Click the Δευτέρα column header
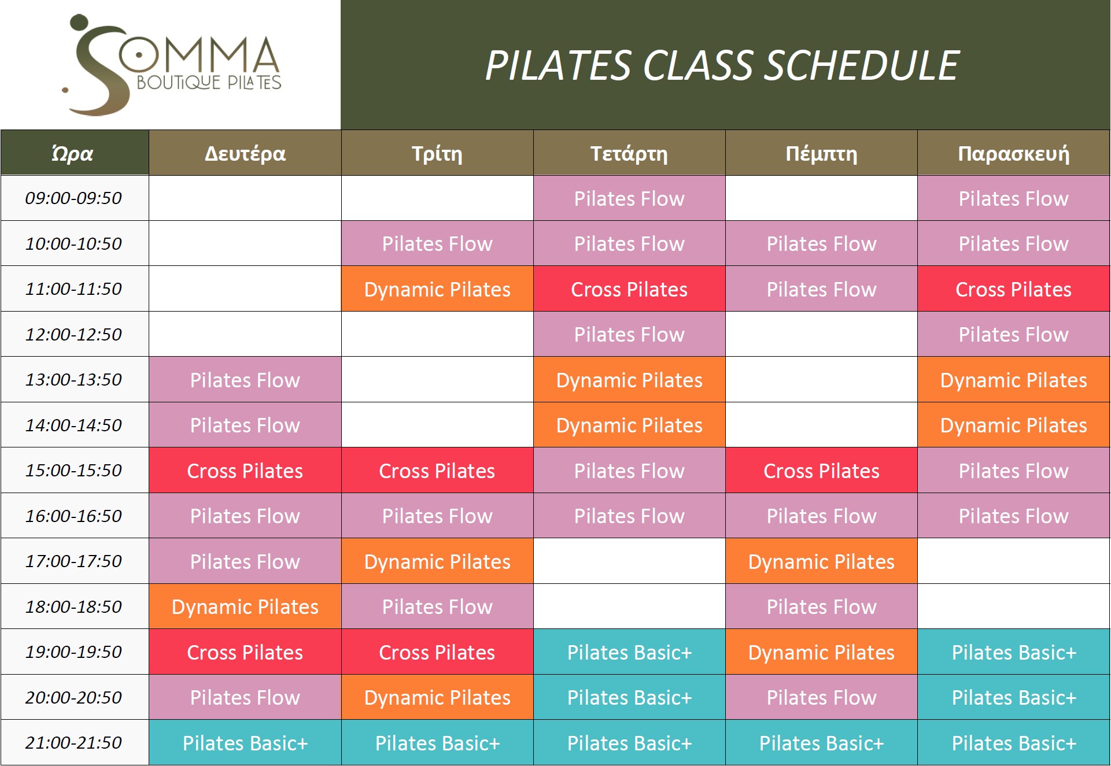pos(245,153)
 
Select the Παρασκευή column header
pos(1013,153)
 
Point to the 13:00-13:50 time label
pos(73,380)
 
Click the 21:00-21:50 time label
pos(73,743)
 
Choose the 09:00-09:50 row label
pos(73,198)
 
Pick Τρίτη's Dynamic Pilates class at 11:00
pos(437,289)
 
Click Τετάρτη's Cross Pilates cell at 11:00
pos(629,289)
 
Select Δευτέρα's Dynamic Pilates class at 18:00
pos(245,606)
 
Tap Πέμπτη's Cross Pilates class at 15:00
pos(821,471)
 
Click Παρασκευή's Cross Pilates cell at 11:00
pos(1013,289)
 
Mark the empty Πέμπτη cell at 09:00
pos(821,198)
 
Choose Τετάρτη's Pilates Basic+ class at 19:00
pos(629,652)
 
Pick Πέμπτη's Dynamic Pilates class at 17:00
pos(821,561)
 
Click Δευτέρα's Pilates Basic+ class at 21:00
pos(245,743)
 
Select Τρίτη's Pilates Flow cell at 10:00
pos(437,243)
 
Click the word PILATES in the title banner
pos(557,65)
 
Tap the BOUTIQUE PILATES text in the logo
pos(209,83)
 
